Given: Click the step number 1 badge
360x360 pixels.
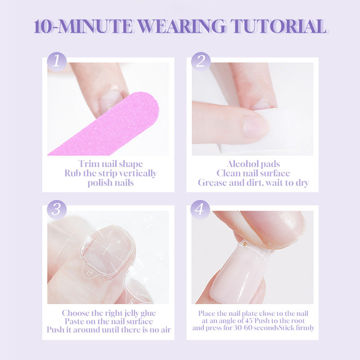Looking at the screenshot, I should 57,62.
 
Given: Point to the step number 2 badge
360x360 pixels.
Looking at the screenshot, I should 200,62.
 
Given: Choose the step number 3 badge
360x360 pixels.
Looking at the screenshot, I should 57,209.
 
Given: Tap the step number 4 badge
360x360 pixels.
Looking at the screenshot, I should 200,209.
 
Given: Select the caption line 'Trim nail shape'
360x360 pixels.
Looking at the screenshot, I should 110,164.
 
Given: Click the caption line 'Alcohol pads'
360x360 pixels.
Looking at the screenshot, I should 253,164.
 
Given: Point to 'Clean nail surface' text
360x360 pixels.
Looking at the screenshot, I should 253,173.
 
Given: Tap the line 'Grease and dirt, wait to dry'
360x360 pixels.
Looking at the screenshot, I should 253,183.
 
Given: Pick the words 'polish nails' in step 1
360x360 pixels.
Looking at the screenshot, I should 110,183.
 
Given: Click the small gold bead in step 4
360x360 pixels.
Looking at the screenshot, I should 245,244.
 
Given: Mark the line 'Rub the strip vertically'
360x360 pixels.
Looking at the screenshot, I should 110,173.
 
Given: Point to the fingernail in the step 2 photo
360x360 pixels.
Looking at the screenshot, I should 256,125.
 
